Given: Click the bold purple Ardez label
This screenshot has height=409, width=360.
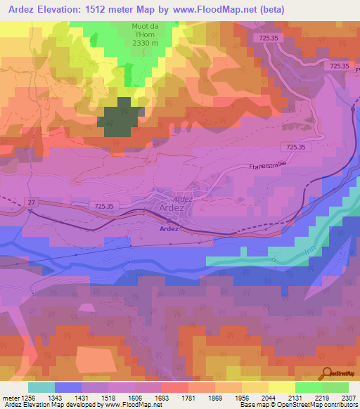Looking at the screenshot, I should tap(169, 229).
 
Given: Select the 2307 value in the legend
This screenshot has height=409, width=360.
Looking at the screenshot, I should tap(348, 397).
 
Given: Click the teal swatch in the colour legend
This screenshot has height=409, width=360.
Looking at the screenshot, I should tap(41, 387).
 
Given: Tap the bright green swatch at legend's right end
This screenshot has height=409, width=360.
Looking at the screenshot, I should tap(335, 387).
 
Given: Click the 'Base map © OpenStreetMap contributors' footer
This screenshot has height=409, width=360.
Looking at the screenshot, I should tap(298, 405).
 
